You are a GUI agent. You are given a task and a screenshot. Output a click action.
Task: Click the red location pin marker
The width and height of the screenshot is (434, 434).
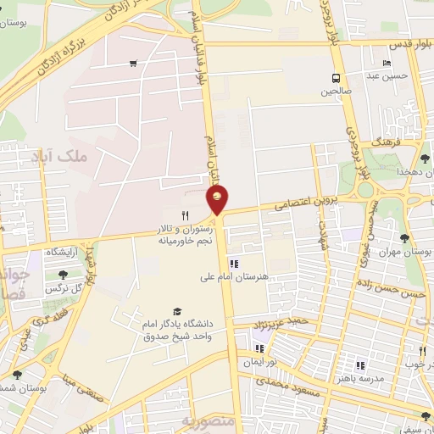[218, 202]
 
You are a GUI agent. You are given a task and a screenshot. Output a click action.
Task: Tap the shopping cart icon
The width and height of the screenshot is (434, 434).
[133, 63]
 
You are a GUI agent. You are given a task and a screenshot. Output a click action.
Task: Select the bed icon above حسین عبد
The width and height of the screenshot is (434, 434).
[387, 63]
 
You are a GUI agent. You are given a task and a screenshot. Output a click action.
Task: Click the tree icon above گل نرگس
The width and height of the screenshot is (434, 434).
[63, 273]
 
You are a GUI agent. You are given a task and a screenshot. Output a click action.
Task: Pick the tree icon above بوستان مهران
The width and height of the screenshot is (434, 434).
[403, 238]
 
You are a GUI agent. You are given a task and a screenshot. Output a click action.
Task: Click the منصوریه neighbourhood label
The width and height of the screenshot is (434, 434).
[206, 420]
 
